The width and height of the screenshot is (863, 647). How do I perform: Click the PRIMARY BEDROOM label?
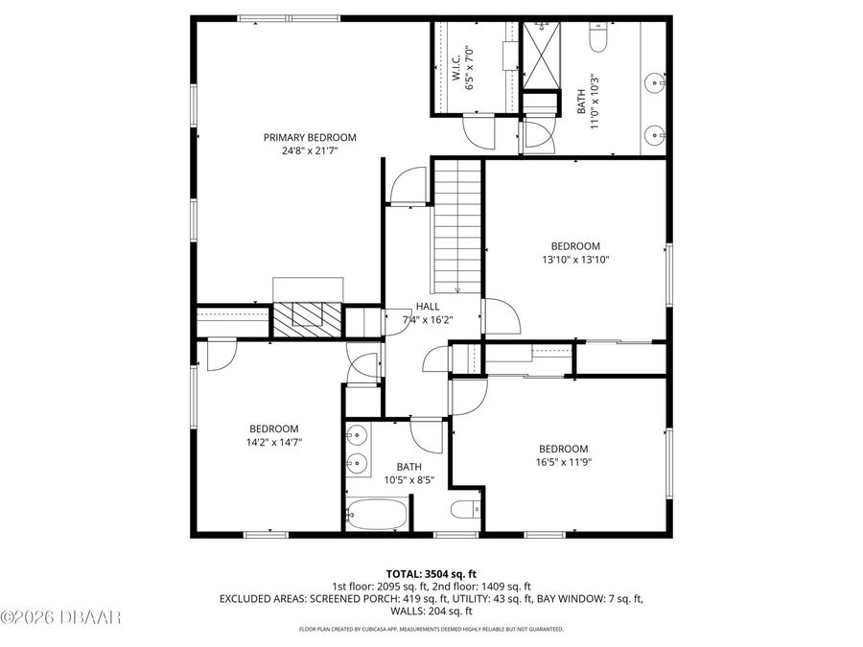point(310,137)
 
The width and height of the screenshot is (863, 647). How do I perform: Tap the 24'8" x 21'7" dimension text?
point(310,150)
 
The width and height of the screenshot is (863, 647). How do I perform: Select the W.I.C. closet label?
point(457,68)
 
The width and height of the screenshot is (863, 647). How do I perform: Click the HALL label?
point(428,307)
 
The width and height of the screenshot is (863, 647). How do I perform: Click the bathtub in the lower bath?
point(376,515)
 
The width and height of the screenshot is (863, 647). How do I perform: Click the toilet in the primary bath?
point(597,38)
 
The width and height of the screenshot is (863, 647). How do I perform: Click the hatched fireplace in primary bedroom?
point(308,318)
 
